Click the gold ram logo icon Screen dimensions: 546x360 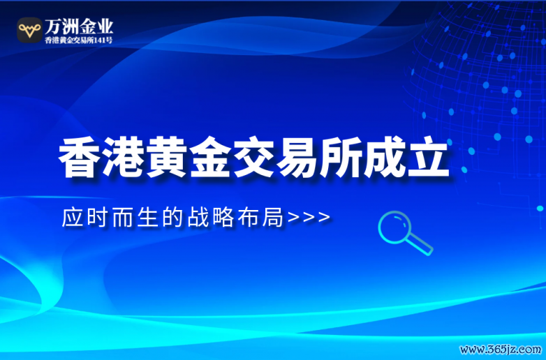(x=29, y=30)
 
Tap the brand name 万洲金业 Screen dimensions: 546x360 (x=79, y=26)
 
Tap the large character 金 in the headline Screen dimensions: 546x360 (x=210, y=158)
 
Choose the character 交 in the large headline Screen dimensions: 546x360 (x=254, y=158)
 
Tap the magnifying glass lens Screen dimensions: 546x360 (x=394, y=227)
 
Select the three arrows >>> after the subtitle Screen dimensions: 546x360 (x=309, y=218)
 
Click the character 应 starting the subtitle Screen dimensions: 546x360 (x=73, y=218)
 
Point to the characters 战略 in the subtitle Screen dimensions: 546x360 (x=211, y=218)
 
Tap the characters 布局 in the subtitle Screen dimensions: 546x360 (x=260, y=218)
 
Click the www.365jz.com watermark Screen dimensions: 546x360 (x=501, y=349)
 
